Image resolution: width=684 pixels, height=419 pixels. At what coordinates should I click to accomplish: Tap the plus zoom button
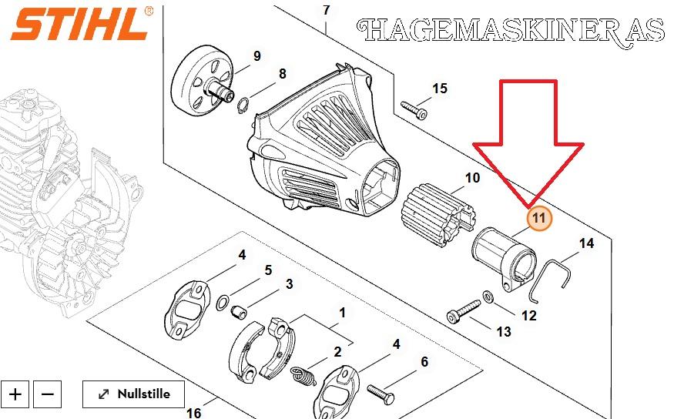pos(15,394)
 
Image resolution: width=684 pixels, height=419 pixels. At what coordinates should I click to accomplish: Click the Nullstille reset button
pos(133,394)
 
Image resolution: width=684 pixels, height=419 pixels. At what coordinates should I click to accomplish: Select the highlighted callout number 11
pos(539,218)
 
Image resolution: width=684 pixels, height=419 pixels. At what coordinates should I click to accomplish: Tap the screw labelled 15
pos(414,110)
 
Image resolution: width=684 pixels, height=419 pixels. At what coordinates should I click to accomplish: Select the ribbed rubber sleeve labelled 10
pos(439,215)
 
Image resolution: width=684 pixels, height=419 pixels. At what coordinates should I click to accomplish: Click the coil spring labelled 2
pos(303,377)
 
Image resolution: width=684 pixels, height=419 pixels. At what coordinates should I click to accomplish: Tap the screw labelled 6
pos(381,394)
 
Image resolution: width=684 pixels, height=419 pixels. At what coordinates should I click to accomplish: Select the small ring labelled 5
pos(223,302)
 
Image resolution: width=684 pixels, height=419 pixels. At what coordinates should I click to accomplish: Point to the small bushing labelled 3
pos(239,312)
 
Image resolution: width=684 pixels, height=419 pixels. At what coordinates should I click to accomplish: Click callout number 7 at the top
pos(327,9)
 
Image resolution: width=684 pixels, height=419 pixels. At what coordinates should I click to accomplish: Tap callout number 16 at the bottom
pos(193,412)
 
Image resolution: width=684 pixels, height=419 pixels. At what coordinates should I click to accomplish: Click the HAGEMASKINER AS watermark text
pos(511,32)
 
